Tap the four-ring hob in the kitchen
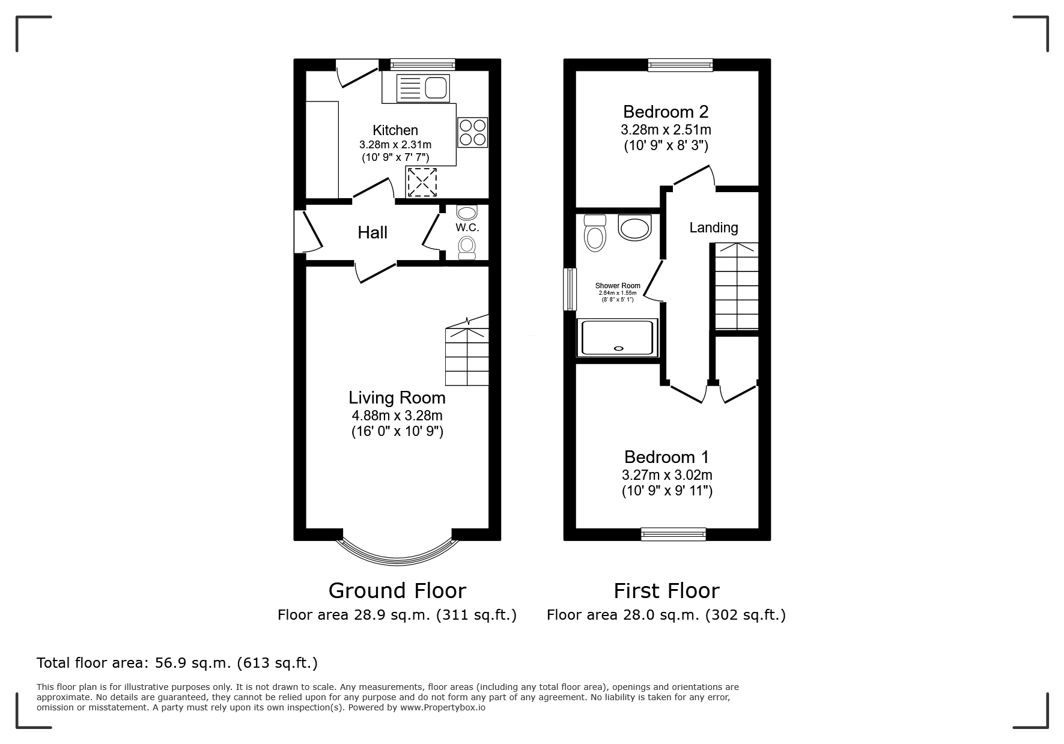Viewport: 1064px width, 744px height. click(x=472, y=132)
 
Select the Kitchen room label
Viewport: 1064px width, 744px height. click(x=395, y=130)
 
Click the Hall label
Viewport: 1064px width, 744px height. click(x=372, y=232)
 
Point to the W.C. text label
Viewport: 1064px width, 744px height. click(x=467, y=228)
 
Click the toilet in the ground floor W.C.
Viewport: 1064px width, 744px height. click(x=467, y=247)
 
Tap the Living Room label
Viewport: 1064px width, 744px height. click(x=397, y=398)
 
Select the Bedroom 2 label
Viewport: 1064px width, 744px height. click(x=666, y=112)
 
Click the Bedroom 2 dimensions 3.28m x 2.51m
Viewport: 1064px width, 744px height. click(x=666, y=130)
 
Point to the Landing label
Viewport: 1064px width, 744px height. click(x=714, y=228)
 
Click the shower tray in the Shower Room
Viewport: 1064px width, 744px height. click(x=618, y=338)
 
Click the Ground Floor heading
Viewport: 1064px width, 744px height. click(x=397, y=591)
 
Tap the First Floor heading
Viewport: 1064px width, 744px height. click(x=666, y=591)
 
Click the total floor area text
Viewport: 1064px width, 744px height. click(x=177, y=663)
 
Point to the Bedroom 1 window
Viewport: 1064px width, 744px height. click(x=673, y=534)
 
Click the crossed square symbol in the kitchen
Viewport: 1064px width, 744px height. click(x=422, y=182)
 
